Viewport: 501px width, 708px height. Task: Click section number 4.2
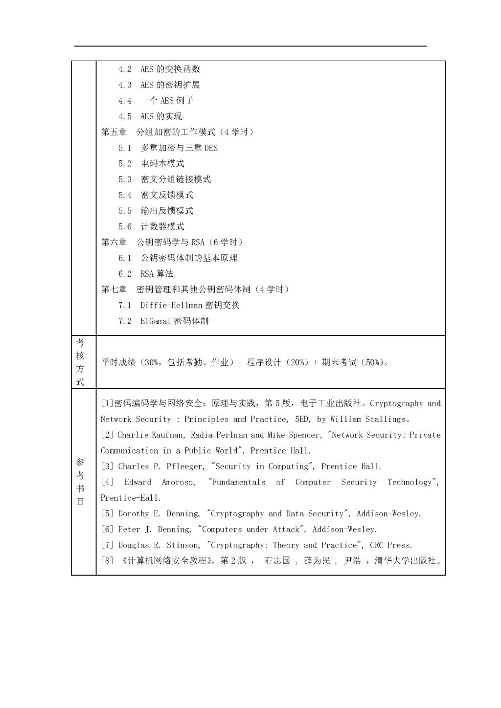(125, 69)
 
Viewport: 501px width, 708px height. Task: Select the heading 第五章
(114, 132)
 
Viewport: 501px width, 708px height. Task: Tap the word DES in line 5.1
(211, 148)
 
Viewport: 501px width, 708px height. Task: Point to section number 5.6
(125, 226)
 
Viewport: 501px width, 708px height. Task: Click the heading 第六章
(114, 242)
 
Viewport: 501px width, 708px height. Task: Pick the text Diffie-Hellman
(171, 305)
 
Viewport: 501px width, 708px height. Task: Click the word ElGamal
(155, 321)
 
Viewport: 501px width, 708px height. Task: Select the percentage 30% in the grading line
(152, 362)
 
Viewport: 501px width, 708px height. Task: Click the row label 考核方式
(80, 362)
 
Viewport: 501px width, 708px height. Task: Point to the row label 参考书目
(80, 482)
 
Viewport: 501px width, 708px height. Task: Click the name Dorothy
(134, 513)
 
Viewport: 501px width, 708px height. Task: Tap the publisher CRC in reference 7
(377, 545)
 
